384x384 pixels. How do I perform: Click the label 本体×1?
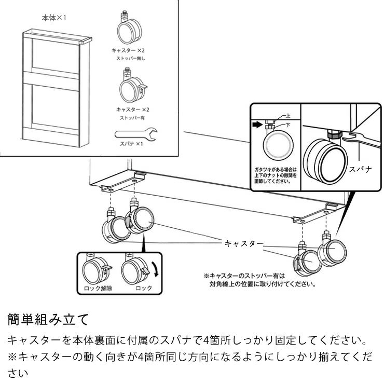click(54, 18)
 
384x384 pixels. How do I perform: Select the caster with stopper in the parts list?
click(133, 87)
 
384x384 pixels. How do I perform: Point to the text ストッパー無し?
click(131, 59)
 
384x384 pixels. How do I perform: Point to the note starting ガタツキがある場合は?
click(276, 176)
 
